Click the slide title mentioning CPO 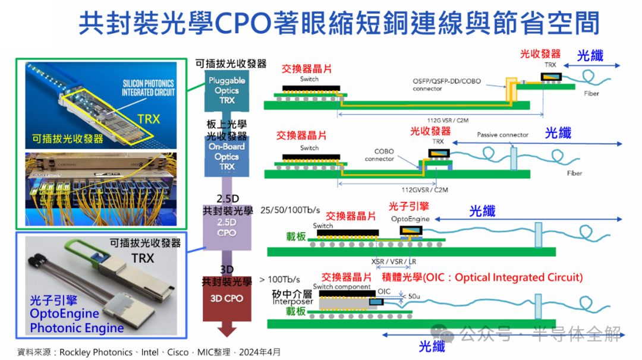pyautogui.click(x=339, y=23)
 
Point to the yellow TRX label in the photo pyautogui.click(x=148, y=119)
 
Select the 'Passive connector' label pyautogui.click(x=502, y=135)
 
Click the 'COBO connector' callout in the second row pyautogui.click(x=379, y=155)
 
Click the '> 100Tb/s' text pyautogui.click(x=280, y=279)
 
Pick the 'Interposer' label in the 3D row pyautogui.click(x=279, y=301)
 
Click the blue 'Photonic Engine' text pyautogui.click(x=77, y=328)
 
